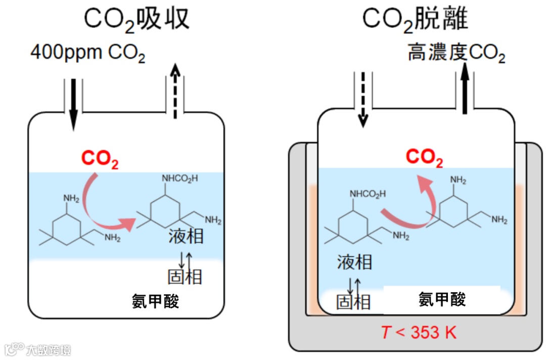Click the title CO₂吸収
(x=136, y=19)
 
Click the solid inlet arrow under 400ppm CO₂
(x=74, y=104)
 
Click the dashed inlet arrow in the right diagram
(x=362, y=99)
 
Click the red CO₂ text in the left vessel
(x=100, y=159)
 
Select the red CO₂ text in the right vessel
(x=424, y=158)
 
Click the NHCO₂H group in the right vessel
(x=368, y=193)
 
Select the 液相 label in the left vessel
(x=186, y=236)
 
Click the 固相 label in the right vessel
(x=353, y=302)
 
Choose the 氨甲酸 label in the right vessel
(x=442, y=299)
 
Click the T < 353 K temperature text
(x=418, y=333)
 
